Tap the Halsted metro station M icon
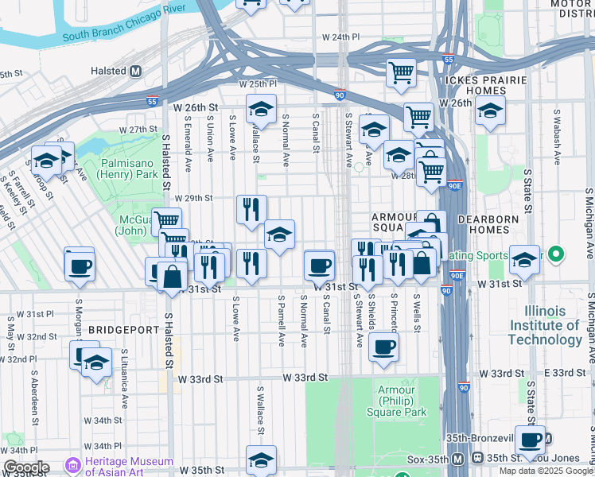click(x=136, y=71)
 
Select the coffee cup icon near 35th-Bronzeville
click(x=530, y=439)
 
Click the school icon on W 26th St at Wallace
click(x=260, y=109)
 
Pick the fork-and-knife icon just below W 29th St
click(x=251, y=210)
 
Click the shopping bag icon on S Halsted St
click(x=172, y=277)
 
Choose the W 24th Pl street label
click(x=341, y=37)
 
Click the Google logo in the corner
click(x=26, y=467)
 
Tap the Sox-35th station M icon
click(x=457, y=459)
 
